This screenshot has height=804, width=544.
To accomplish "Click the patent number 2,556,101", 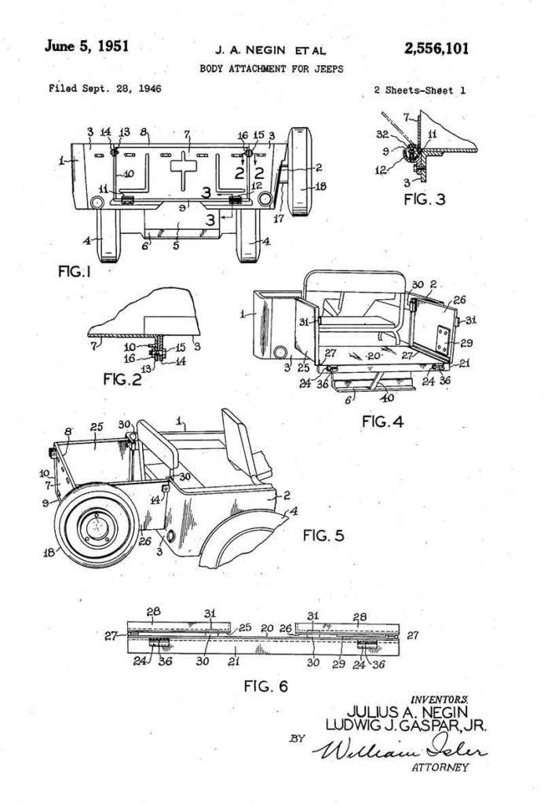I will coord(437,49).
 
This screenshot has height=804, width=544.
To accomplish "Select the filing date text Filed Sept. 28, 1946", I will coord(104,89).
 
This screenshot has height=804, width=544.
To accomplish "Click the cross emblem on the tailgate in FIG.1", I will coord(185,168).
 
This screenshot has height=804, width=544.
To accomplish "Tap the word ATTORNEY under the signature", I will coord(440,767).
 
